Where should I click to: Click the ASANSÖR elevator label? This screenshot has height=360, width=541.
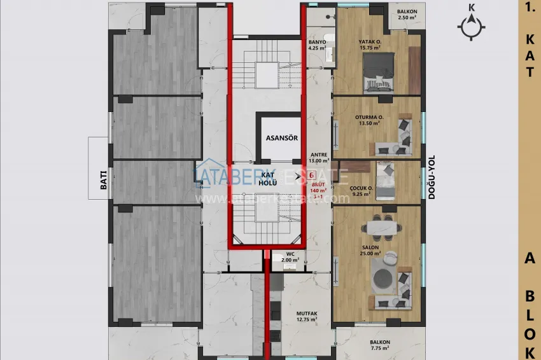tap(281, 137)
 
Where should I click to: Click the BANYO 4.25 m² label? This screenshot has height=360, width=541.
tap(317, 45)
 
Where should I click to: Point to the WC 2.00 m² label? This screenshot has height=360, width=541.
tap(290, 256)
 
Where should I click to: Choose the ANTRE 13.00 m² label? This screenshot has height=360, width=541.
tap(318, 158)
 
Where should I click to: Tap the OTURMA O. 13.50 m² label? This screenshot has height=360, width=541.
tap(369, 120)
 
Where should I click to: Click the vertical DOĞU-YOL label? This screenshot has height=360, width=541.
tap(431, 180)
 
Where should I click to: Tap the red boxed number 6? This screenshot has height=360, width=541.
tap(312, 183)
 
